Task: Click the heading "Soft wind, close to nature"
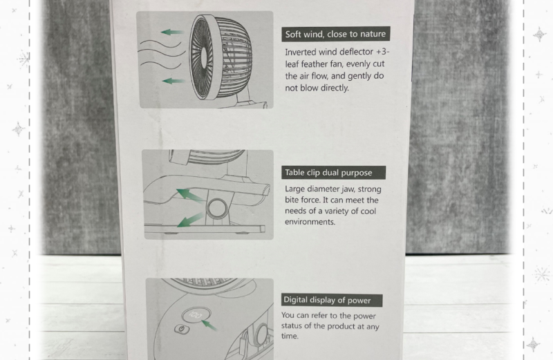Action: [x=335, y=34]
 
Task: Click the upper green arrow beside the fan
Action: [x=172, y=32]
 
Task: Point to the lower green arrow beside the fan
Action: [x=174, y=81]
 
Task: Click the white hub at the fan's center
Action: [x=204, y=56]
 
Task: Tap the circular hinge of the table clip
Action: [x=217, y=208]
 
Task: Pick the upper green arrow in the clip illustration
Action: [x=189, y=196]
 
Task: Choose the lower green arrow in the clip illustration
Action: [x=191, y=220]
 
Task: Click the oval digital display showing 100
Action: [x=196, y=314]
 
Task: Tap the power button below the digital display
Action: [x=182, y=330]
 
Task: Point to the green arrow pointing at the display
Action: [x=209, y=325]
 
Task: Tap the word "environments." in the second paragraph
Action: [x=310, y=222]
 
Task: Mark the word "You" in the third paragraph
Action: [x=288, y=315]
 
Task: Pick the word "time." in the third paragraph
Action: [x=290, y=336]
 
